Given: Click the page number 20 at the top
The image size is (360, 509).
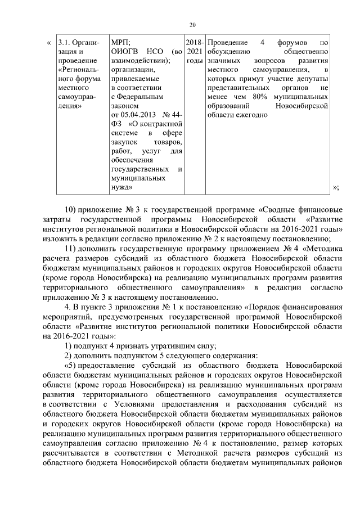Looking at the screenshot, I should [x=192, y=24].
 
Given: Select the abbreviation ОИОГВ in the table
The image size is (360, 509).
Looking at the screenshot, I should [x=126, y=51].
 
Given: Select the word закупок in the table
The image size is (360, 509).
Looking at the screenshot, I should [x=126, y=141].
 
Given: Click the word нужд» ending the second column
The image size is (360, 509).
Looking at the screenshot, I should [x=123, y=186].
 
